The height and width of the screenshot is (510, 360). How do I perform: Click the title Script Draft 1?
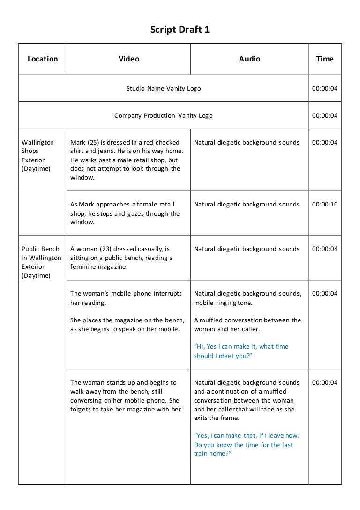point(180,30)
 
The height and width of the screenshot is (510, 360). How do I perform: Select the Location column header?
point(43,59)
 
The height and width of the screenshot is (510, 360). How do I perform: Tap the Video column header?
point(128,59)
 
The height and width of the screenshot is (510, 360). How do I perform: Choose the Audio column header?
point(249,59)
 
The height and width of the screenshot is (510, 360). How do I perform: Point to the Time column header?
point(325,59)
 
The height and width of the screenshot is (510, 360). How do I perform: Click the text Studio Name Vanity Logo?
point(164,88)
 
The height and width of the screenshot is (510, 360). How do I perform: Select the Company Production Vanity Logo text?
point(163,115)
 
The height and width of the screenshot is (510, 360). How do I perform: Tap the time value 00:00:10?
point(325,204)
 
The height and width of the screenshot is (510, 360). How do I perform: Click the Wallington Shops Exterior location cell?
point(38,155)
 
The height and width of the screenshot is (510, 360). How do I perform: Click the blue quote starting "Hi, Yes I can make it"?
point(241,351)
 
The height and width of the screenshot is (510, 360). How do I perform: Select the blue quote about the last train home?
point(246,444)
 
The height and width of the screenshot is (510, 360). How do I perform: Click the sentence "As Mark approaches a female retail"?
point(122,204)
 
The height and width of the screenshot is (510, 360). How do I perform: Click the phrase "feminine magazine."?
point(98,266)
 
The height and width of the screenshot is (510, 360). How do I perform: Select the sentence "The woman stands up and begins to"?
point(123,382)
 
